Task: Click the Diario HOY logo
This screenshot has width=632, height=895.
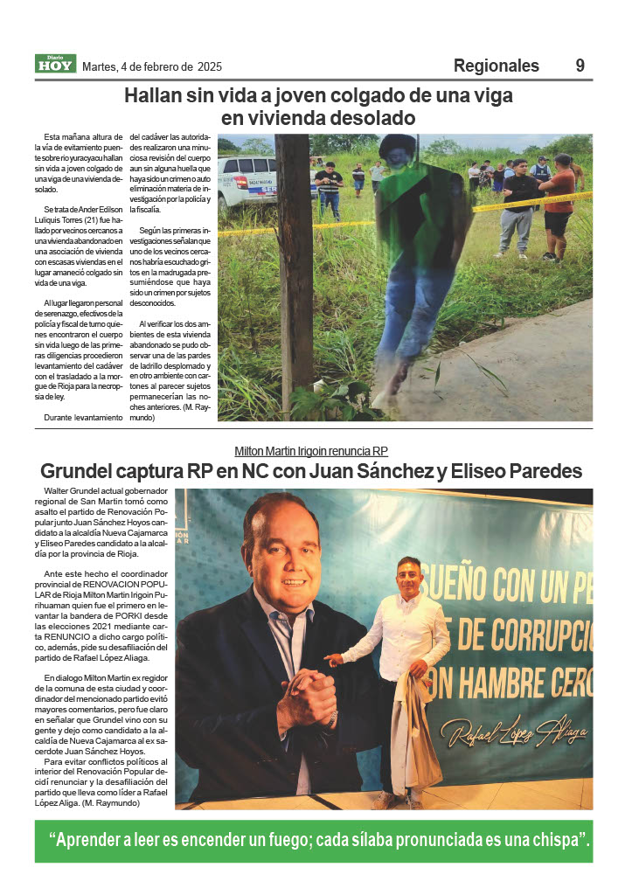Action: coord(56,64)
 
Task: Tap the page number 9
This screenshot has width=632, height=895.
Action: coord(580,66)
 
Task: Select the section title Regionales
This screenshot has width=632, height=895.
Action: coord(496,66)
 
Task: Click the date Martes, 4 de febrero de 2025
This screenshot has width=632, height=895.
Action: coord(152,66)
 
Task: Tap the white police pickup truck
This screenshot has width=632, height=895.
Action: coord(253,182)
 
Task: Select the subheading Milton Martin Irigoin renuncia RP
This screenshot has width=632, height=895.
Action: coord(311,451)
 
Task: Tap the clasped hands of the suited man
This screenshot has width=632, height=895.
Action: coord(307,695)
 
